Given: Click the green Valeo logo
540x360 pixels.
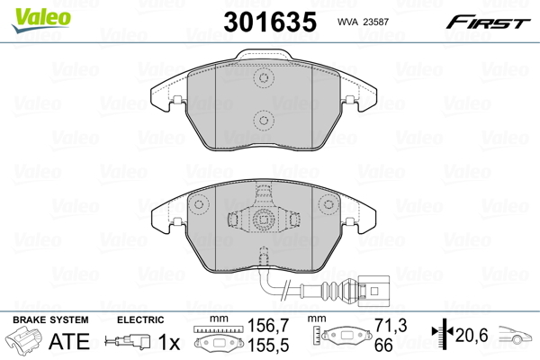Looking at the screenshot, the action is tap(41, 20).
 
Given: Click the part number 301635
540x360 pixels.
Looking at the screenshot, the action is tap(270, 22).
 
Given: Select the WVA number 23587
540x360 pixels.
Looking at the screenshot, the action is tap(375, 22).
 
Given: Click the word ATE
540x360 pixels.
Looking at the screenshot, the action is tap(69, 341).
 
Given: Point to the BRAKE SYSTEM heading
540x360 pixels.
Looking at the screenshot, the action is tap(50, 319).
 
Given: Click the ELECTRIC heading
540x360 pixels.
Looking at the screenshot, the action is tap(140, 319).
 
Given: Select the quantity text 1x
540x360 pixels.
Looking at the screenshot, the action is tap(169, 342).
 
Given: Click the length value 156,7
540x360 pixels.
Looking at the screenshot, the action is tap(268, 326).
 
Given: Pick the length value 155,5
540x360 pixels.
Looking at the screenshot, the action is tap(268, 345).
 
